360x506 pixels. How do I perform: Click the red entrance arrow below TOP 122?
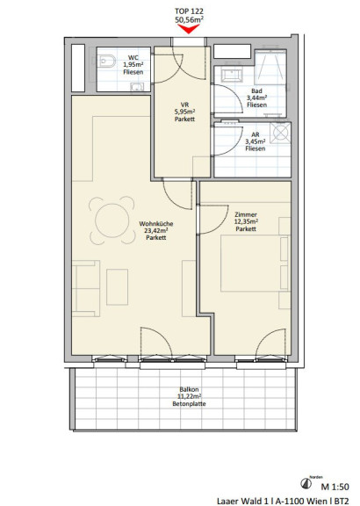pyautogui.click(x=189, y=29)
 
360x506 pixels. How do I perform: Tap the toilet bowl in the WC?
pyautogui.click(x=107, y=61)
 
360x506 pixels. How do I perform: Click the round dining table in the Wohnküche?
pyautogui.click(x=112, y=220)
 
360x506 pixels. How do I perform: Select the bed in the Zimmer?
pyautogui.click(x=255, y=264)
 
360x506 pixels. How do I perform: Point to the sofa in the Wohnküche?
pyautogui.click(x=85, y=288)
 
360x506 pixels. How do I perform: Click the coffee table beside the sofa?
pyautogui.click(x=117, y=287)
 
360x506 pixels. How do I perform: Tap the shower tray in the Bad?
pyautogui.click(x=270, y=67)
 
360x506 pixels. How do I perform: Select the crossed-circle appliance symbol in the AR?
pyautogui.click(x=279, y=133)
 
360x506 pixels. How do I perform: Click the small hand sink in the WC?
pyautogui.click(x=137, y=86)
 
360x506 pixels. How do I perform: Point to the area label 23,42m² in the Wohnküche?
pyautogui.click(x=155, y=230)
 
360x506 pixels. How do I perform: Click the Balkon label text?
pyautogui.click(x=189, y=389)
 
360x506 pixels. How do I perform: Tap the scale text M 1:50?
pyautogui.click(x=335, y=487)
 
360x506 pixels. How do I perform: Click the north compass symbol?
pyautogui.click(x=306, y=483)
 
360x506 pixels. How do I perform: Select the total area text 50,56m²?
pyautogui.click(x=189, y=19)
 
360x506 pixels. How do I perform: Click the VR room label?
pyautogui.click(x=185, y=105)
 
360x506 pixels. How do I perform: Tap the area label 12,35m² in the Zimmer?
pyautogui.click(x=246, y=221)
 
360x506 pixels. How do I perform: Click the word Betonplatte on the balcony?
pyautogui.click(x=189, y=404)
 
